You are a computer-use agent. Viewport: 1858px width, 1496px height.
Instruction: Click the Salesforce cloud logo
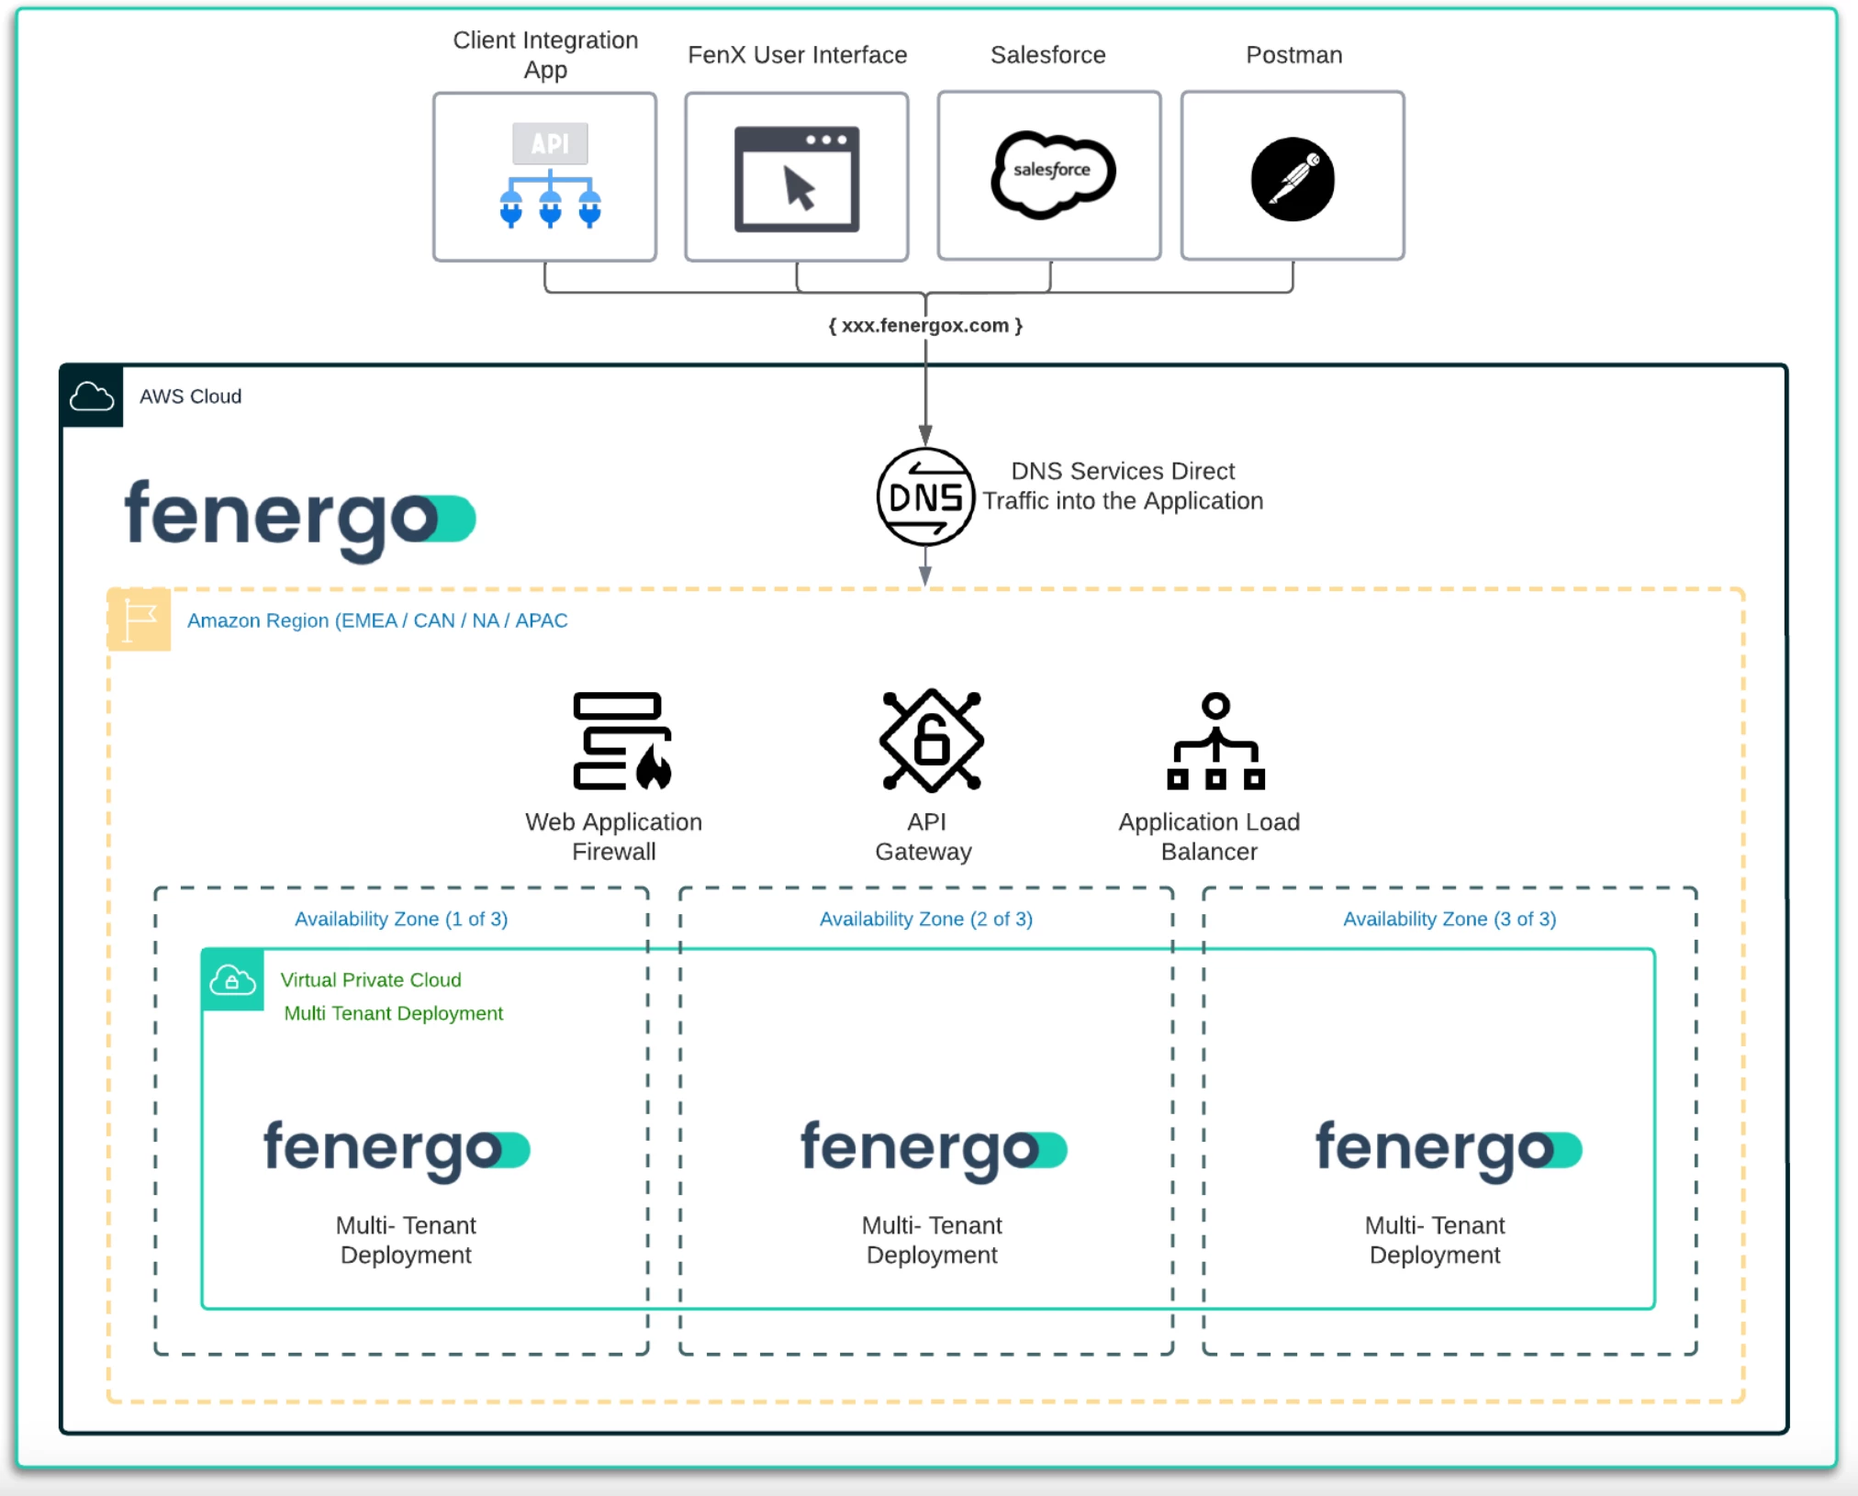coord(1052,173)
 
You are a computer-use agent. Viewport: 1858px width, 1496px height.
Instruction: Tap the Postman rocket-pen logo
coord(1293,179)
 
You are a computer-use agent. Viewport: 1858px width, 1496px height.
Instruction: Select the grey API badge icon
coord(550,144)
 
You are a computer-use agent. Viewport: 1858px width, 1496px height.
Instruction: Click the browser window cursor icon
coord(797,180)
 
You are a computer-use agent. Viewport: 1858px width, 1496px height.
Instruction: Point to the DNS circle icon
coord(925,497)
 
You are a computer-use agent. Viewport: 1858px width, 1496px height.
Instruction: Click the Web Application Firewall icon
coord(621,741)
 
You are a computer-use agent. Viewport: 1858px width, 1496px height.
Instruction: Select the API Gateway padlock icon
coord(931,740)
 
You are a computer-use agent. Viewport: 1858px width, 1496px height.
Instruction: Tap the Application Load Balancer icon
coord(1215,741)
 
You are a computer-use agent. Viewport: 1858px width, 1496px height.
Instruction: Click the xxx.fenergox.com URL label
coord(925,326)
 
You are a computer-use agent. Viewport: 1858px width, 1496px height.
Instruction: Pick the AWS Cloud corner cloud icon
coord(92,396)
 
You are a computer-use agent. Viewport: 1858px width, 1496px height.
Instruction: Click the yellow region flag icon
coord(140,620)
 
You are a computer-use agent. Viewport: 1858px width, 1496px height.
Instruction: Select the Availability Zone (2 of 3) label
coord(925,919)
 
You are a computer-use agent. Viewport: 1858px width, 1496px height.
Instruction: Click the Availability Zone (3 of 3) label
coord(1449,919)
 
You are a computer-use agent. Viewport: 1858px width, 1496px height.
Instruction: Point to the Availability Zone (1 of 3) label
coord(400,919)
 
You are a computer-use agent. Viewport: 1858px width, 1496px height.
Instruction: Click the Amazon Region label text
coord(377,620)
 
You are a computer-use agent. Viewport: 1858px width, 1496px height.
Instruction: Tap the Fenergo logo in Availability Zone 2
coord(933,1149)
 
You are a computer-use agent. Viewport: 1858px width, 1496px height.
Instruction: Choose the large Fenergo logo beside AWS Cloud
coord(299,518)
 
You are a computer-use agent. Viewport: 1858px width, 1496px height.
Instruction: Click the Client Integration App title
coord(545,54)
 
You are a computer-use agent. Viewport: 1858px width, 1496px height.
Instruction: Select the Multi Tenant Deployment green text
coord(393,1013)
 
